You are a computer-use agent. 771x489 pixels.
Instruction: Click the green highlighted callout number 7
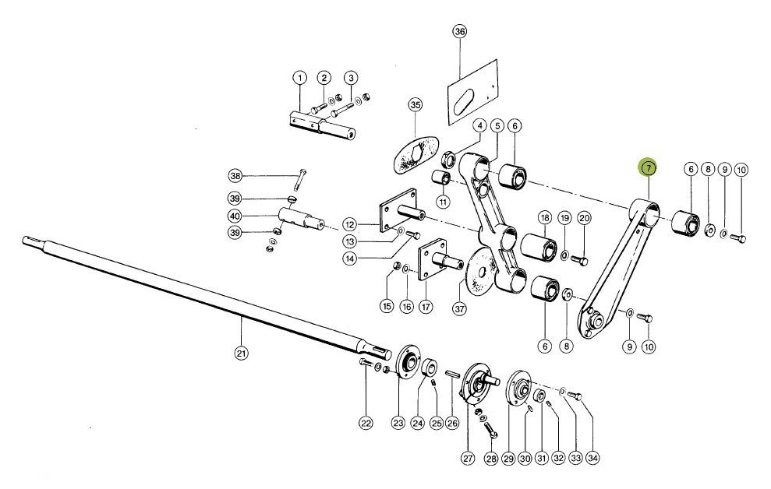648,168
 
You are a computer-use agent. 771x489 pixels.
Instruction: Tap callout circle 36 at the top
459,32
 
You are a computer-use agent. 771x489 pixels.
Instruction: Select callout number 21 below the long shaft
242,353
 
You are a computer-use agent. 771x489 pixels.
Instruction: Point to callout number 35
416,105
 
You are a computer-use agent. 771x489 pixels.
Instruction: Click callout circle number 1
299,78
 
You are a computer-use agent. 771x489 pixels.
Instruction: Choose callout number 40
235,216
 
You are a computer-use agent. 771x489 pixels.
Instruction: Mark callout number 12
349,225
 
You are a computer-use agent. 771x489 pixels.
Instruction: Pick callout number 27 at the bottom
468,459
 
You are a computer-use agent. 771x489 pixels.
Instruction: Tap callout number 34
593,459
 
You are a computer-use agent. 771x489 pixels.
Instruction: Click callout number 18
544,217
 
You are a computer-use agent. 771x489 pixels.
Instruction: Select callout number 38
235,175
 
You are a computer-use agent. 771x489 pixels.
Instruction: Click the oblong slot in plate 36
464,100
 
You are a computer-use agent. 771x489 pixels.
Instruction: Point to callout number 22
366,424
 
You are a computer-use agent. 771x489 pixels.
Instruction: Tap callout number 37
459,308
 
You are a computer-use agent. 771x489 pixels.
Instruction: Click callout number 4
479,126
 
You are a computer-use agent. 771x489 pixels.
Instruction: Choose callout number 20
584,217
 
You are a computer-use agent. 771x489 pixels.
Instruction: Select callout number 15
387,306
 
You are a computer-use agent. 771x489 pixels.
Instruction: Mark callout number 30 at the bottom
525,459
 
